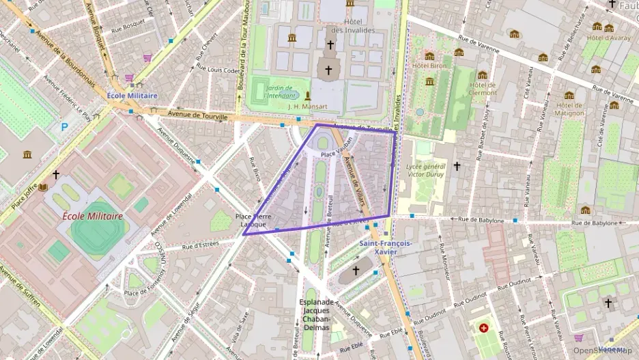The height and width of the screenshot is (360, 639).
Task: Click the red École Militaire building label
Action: pyautogui.click(x=93, y=216)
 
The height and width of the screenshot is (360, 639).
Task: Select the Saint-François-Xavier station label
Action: pyautogui.click(x=386, y=247)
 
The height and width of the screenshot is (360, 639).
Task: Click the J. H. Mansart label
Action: pyautogui.click(x=308, y=107)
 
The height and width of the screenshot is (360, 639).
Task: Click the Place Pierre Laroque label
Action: pyautogui.click(x=251, y=220)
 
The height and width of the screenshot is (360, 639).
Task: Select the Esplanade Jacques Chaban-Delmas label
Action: pyautogui.click(x=316, y=314)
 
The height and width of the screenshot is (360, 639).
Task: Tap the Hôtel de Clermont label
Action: pyautogui.click(x=483, y=89)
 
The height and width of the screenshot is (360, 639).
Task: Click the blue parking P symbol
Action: pyautogui.click(x=65, y=126)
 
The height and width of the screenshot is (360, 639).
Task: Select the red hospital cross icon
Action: pyautogui.click(x=485, y=329)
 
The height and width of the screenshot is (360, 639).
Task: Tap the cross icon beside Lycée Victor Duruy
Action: pyautogui.click(x=457, y=166)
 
